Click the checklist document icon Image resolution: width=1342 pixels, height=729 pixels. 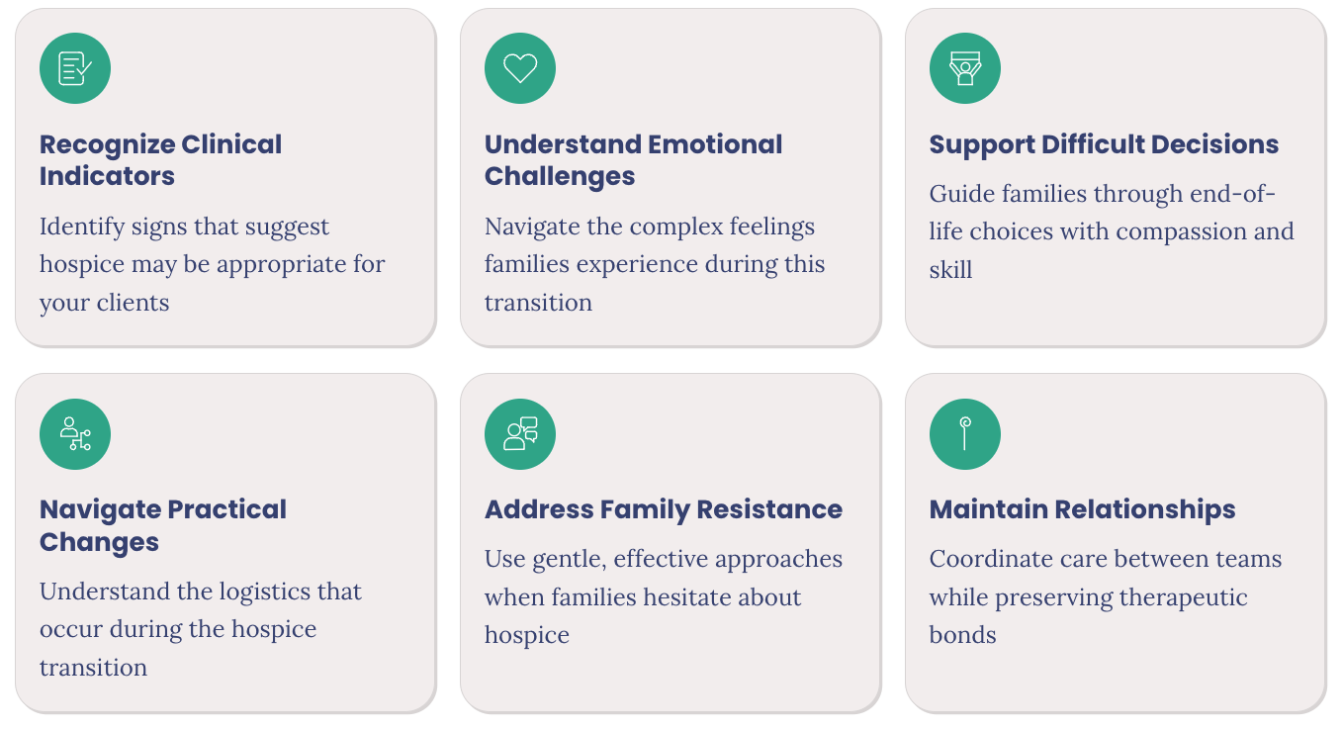(x=75, y=68)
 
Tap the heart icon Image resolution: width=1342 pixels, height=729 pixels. (x=520, y=68)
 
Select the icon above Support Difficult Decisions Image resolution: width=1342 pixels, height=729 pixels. (x=964, y=68)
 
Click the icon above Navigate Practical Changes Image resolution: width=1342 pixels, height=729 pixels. (x=75, y=434)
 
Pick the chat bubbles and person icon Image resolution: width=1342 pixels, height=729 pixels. (x=520, y=434)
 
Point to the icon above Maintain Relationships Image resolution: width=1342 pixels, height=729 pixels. (x=964, y=434)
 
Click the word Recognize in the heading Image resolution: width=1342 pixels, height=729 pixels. (x=107, y=145)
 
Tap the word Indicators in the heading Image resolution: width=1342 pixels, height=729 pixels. (x=107, y=176)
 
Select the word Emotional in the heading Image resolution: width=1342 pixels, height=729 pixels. (x=715, y=144)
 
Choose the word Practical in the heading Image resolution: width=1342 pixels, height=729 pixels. (x=227, y=509)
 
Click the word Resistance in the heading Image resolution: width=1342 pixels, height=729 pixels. (x=769, y=509)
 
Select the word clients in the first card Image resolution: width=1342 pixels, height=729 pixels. (x=133, y=303)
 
